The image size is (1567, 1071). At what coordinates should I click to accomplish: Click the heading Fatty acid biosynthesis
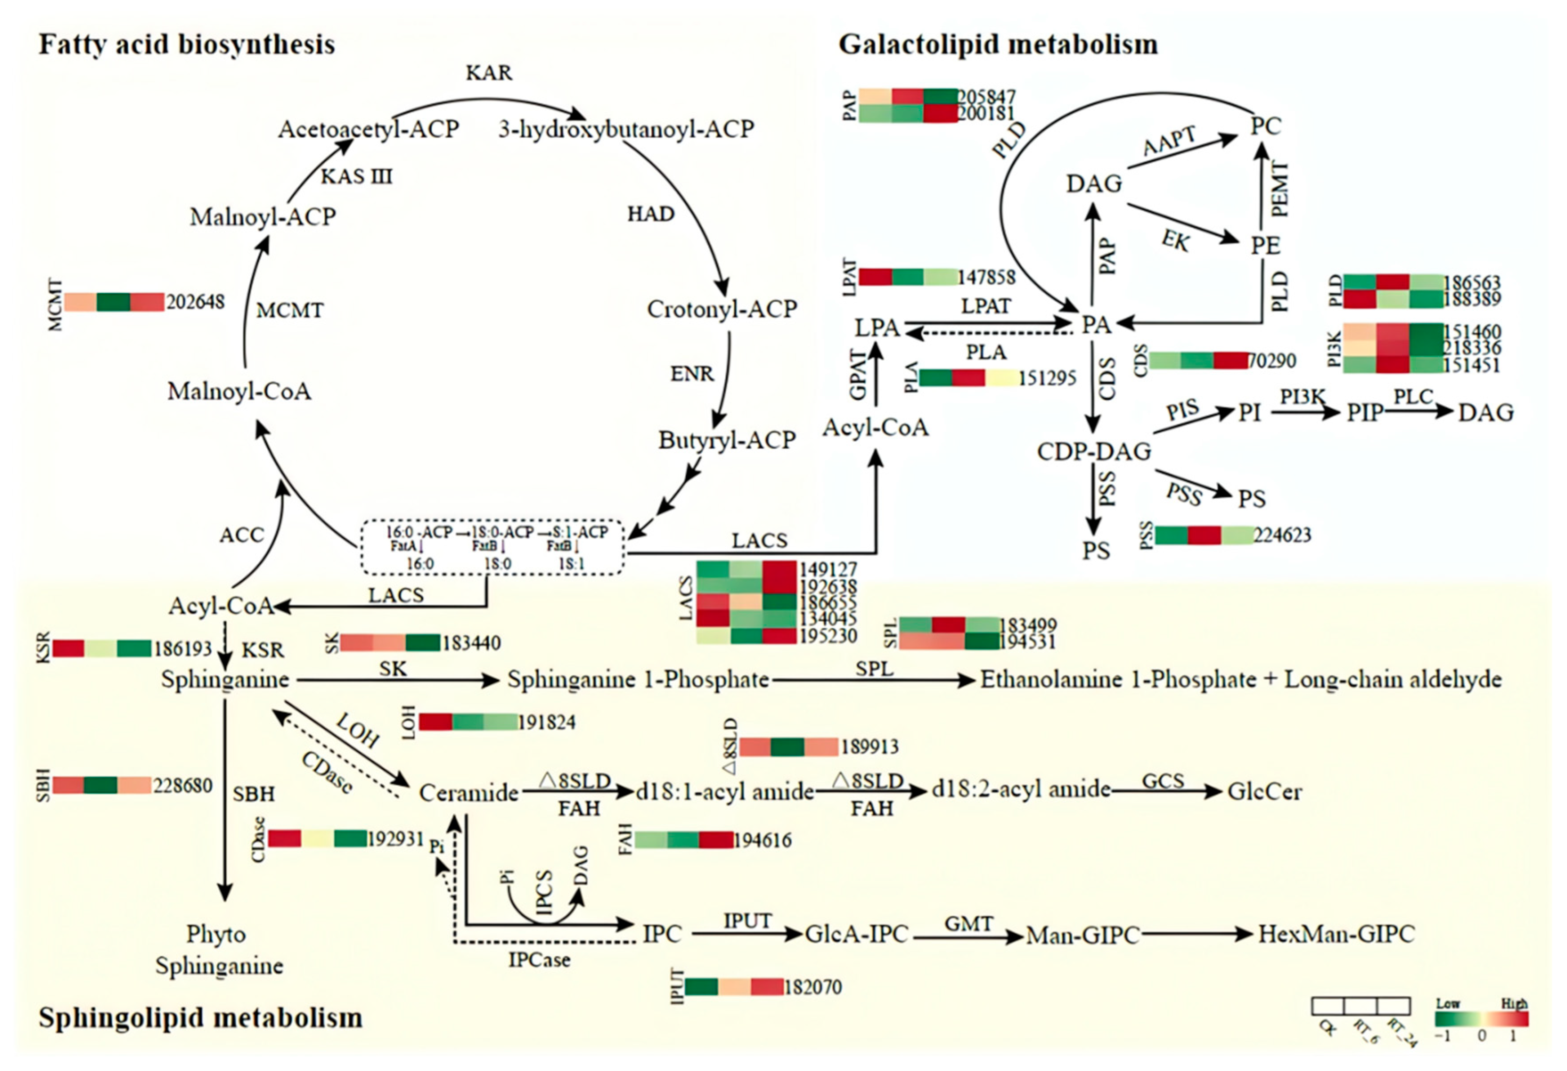click(x=187, y=45)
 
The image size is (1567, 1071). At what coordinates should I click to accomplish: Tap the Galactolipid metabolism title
click(x=998, y=45)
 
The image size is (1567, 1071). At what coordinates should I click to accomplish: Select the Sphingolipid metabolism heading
click(x=200, y=1017)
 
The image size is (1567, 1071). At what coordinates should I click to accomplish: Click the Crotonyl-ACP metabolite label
click(x=722, y=309)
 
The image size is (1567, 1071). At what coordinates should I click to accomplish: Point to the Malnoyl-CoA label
click(x=239, y=391)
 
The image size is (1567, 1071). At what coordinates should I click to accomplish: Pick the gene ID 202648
click(x=195, y=301)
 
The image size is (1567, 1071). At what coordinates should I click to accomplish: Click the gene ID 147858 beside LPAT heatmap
click(x=987, y=277)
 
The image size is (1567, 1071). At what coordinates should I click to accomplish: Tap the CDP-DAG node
click(x=1093, y=451)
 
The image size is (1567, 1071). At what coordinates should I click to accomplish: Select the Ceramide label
click(x=469, y=792)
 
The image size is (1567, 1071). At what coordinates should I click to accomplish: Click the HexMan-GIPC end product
click(x=1336, y=933)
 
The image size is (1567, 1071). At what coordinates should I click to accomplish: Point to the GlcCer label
click(x=1264, y=792)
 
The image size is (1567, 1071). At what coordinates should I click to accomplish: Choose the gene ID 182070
click(x=813, y=987)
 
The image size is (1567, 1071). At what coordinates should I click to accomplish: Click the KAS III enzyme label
click(x=356, y=177)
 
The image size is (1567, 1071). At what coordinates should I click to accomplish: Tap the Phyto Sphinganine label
click(x=219, y=950)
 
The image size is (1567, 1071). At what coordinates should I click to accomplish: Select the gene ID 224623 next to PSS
click(x=1282, y=535)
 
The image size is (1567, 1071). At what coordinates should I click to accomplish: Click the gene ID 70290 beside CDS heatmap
click(x=1272, y=361)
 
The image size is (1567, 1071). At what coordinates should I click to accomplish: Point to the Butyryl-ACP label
click(x=727, y=440)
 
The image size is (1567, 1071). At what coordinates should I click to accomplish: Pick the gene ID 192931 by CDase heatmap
click(x=396, y=839)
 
